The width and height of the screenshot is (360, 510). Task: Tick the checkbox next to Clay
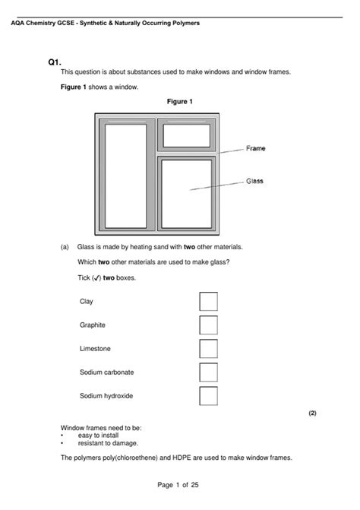208,302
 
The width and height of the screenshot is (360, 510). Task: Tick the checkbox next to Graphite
208,325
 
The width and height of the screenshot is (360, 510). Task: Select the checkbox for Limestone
208,349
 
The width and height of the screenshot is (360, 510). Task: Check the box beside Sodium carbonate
208,372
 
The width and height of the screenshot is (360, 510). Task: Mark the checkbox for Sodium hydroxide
208,396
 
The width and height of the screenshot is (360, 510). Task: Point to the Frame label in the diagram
256,148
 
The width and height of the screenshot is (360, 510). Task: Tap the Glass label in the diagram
254,181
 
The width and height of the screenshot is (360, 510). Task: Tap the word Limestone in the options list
95,349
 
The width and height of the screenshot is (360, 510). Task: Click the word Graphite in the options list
93,325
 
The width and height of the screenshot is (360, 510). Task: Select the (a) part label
65,247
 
